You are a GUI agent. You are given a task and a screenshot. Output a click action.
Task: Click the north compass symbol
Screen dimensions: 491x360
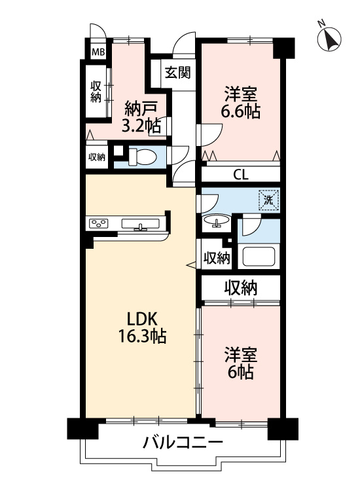329,39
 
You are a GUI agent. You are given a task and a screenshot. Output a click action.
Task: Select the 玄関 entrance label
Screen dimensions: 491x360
177,72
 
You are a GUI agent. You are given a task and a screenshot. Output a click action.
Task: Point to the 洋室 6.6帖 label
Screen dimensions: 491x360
242,103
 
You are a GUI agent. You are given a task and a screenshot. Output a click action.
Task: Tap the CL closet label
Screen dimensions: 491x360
240,175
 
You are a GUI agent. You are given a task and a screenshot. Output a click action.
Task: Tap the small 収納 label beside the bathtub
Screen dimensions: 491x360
216,258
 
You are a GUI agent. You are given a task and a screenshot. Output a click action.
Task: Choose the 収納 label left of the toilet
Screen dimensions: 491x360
97,156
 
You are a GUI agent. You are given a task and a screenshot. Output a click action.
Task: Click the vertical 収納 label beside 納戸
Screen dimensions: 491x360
96,92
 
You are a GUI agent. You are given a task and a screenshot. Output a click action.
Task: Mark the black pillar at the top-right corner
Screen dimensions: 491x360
283,47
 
